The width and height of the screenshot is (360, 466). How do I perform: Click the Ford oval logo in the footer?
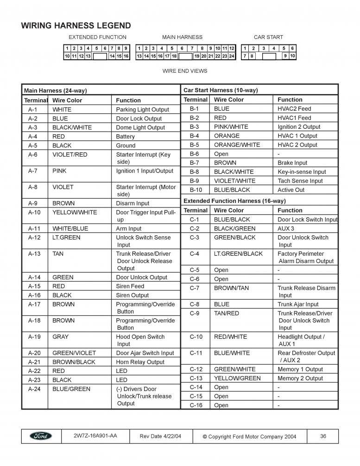click(x=41, y=436)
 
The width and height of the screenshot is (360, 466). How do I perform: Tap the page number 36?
click(x=323, y=436)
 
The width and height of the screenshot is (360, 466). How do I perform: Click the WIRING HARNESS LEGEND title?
click(x=76, y=26)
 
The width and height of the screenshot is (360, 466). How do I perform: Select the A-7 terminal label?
click(x=32, y=171)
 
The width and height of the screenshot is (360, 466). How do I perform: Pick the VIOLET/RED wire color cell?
click(x=69, y=155)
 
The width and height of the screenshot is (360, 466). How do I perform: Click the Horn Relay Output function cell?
click(x=140, y=362)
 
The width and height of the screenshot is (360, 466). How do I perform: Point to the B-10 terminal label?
click(x=196, y=190)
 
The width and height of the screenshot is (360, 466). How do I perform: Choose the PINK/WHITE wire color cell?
click(x=231, y=127)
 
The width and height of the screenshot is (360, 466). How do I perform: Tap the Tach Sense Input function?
click(x=300, y=181)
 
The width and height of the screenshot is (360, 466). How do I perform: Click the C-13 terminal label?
click(x=196, y=378)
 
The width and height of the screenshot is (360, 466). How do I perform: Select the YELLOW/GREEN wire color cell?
click(x=237, y=378)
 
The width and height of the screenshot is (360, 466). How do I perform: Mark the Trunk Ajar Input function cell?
click(x=298, y=304)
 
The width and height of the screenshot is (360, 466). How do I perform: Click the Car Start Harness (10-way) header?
click(x=221, y=90)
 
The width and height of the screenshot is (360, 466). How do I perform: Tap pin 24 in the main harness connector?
click(x=232, y=56)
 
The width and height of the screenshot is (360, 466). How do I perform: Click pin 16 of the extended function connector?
click(x=126, y=56)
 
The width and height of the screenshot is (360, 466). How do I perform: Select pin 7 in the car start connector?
click(x=245, y=56)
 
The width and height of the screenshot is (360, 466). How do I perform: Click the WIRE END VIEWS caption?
click(x=185, y=71)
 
